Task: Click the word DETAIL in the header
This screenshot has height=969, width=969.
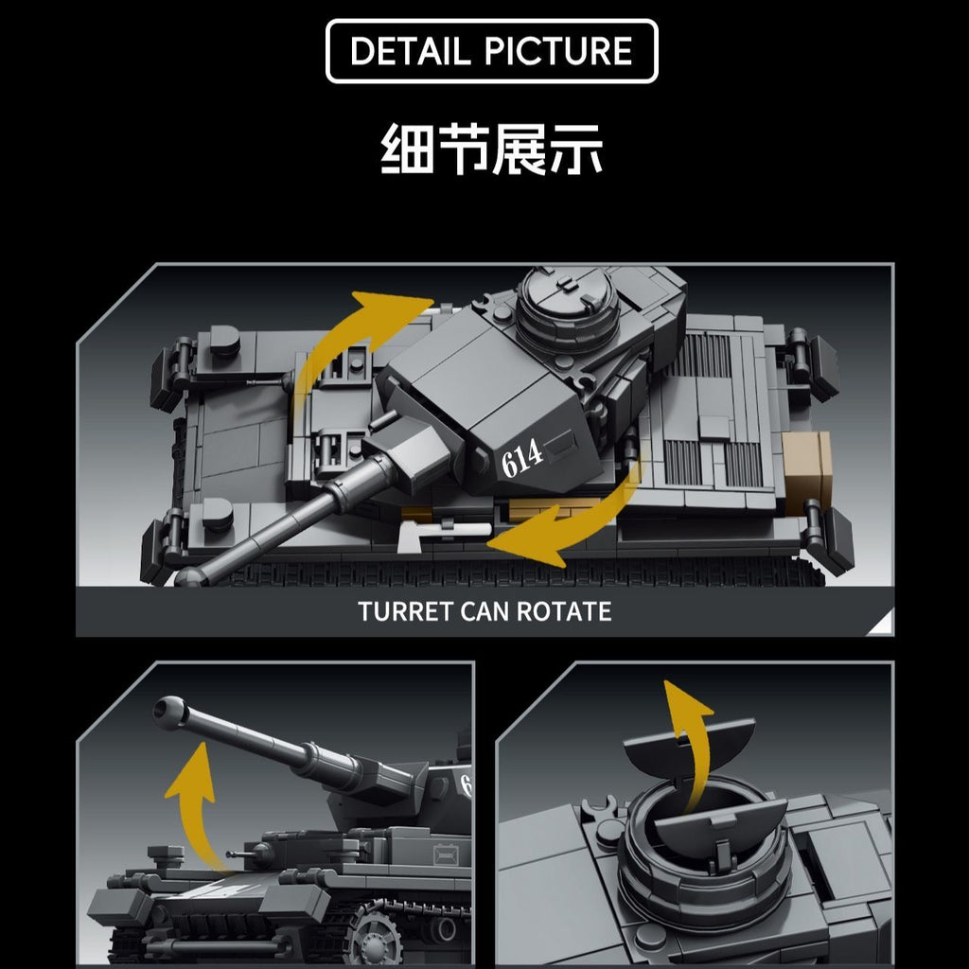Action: point(411,51)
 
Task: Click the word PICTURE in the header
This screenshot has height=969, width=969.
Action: point(558,51)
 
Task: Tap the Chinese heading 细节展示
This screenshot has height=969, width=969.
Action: point(491,149)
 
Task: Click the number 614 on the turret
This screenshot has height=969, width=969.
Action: point(521,458)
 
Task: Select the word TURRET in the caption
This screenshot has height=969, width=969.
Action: point(405,612)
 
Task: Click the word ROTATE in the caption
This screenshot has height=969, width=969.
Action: point(564,612)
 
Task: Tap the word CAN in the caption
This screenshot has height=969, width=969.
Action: point(484,612)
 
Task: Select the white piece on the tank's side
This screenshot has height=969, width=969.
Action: point(443,536)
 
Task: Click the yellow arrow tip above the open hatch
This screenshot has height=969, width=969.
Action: point(685,704)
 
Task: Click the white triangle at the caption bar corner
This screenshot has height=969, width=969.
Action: point(883,624)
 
